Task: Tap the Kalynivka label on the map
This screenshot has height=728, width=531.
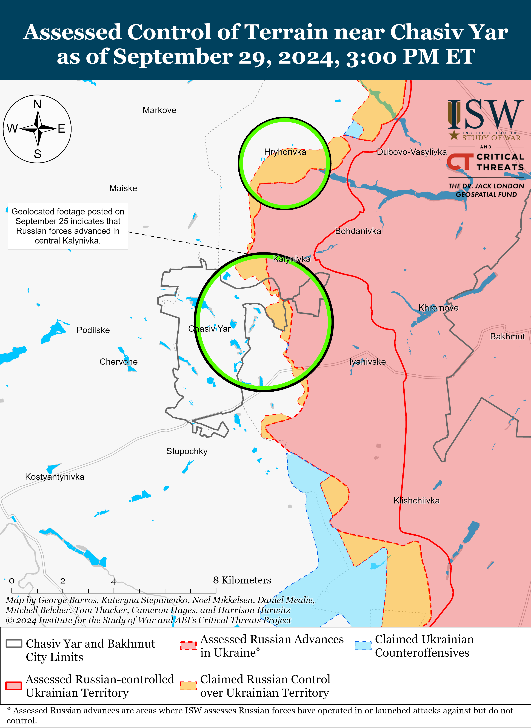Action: pos(292,259)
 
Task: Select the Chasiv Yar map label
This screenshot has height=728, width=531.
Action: pos(209,329)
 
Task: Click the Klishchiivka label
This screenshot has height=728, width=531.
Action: pos(416,500)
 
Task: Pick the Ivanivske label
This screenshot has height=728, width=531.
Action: pos(367,362)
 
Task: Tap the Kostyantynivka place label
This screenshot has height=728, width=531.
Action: pos(55,477)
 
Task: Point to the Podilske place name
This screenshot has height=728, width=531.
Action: pos(93,330)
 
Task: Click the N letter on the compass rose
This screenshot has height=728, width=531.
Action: pos(37,104)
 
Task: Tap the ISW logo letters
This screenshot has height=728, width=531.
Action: pos(485,114)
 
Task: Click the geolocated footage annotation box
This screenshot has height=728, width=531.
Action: pos(68,226)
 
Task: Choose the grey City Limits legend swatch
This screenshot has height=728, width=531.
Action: pos(14,643)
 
